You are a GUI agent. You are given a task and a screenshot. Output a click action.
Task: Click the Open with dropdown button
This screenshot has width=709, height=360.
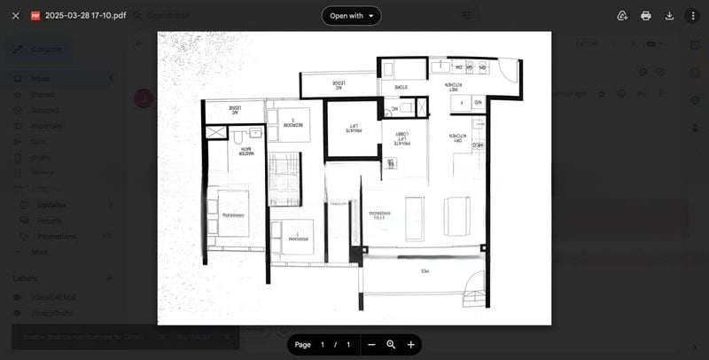click(x=351, y=15)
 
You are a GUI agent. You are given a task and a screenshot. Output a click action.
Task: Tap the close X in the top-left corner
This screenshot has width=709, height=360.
click(x=15, y=16)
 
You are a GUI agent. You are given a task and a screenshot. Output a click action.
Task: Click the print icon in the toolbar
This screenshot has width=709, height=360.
click(x=645, y=16)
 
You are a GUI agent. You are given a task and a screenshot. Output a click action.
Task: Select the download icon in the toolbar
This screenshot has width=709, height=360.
click(x=669, y=16)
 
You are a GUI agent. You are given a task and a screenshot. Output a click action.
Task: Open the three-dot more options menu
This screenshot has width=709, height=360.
click(x=693, y=16)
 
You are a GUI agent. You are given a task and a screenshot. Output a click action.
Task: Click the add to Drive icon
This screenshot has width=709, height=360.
click(x=621, y=16)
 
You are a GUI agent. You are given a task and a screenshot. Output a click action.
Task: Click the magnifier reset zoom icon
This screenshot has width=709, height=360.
click(x=391, y=344)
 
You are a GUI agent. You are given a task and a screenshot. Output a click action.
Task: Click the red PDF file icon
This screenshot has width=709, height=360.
click(x=35, y=16)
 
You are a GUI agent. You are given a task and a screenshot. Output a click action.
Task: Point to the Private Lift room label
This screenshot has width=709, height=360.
click(x=352, y=129)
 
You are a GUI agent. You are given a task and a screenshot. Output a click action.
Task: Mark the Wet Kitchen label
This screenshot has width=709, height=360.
click(x=453, y=86)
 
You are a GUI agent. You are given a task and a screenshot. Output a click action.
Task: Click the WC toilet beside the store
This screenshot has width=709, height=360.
click(x=404, y=108)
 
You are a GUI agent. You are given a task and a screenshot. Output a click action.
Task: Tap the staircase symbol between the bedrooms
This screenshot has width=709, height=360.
click(x=284, y=178)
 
